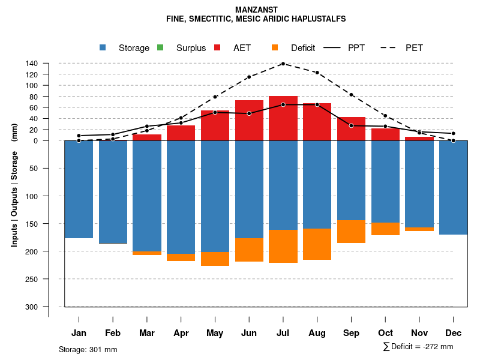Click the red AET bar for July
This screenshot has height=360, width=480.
(x=283, y=118)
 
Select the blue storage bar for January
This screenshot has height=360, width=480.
(x=79, y=189)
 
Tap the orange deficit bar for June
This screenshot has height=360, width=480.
(x=249, y=250)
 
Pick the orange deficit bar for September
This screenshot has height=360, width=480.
(x=351, y=232)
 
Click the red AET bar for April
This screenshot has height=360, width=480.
(x=181, y=133)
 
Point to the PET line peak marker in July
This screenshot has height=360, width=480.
(x=283, y=63)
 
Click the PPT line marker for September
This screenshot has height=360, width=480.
(x=351, y=125)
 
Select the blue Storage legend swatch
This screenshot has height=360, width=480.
(x=103, y=48)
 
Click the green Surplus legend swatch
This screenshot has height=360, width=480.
(x=160, y=48)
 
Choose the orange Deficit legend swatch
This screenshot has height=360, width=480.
(x=275, y=48)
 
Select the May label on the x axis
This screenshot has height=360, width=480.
(x=215, y=333)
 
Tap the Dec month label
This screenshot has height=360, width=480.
(x=454, y=333)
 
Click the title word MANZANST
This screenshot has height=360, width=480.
(x=256, y=10)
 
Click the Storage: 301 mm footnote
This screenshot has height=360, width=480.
(x=88, y=349)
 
